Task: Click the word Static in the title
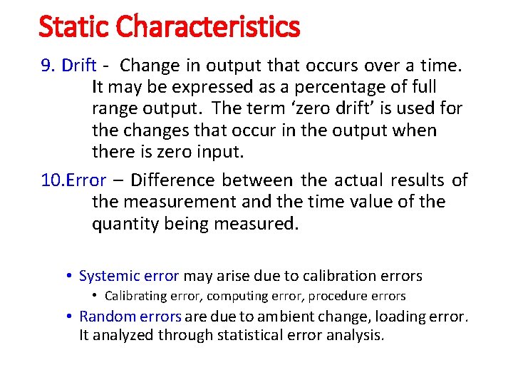(x=74, y=27)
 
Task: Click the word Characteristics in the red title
(x=207, y=27)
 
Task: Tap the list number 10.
(x=52, y=180)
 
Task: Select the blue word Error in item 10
(x=85, y=180)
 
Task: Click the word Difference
(x=175, y=180)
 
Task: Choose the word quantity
(x=125, y=225)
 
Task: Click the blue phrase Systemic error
(x=129, y=276)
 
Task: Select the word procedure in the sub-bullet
(x=334, y=296)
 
